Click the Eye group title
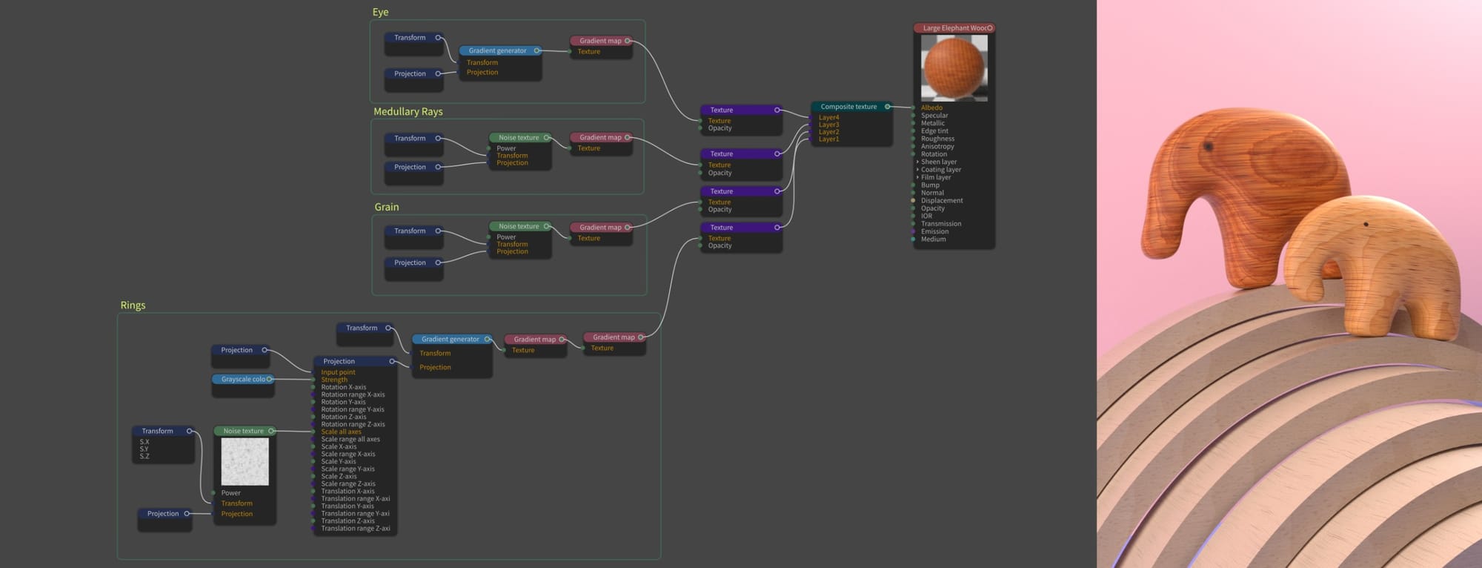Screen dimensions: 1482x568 [380, 12]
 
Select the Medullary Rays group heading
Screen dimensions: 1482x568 [408, 111]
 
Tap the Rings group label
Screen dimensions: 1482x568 [133, 305]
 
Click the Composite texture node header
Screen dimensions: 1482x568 [848, 107]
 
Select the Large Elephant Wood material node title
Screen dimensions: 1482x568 [954, 28]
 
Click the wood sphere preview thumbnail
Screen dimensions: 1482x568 [954, 67]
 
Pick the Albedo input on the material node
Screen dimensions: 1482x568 [931, 108]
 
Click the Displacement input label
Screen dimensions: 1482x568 [942, 200]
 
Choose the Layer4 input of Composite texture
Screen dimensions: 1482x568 [828, 117]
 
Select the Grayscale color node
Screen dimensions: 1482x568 [243, 379]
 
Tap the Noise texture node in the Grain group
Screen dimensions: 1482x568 [519, 226]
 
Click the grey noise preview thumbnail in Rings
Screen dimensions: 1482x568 [245, 461]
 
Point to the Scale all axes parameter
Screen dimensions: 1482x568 [341, 432]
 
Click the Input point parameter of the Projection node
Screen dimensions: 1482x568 [338, 372]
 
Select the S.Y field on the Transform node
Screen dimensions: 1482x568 [144, 449]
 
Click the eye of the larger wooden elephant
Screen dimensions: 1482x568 [1208, 147]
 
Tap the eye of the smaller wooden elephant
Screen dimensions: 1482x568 [1366, 224]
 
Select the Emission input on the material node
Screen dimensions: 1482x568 [934, 231]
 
